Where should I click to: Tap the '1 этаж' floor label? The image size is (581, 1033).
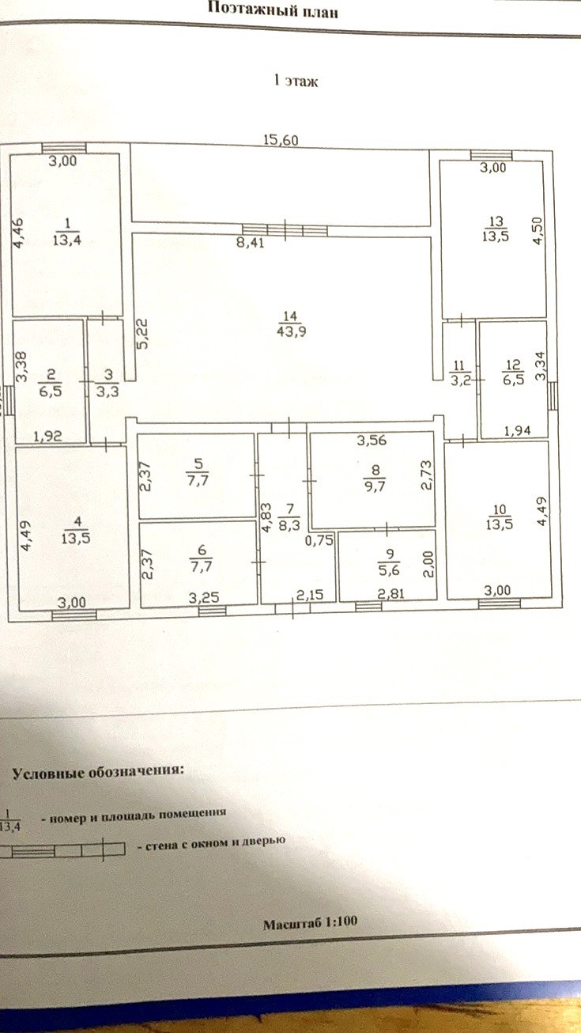(295, 81)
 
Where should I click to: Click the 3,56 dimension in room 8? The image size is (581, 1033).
(371, 441)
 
